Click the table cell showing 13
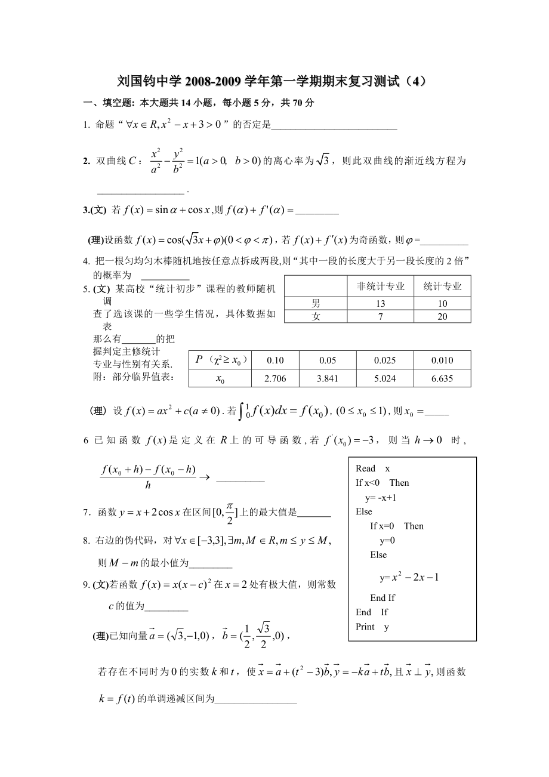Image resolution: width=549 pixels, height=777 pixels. tap(381, 303)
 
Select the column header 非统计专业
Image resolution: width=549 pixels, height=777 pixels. tap(381, 286)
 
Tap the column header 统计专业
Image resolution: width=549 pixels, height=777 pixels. tap(442, 286)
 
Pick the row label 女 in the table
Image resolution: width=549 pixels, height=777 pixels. tap(316, 317)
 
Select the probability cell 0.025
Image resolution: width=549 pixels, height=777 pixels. tap(384, 360)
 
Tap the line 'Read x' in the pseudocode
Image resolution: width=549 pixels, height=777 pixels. tap(372, 468)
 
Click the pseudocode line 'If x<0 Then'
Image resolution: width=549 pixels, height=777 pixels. tap(382, 483)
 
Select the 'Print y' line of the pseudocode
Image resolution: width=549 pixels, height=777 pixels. tap(372, 627)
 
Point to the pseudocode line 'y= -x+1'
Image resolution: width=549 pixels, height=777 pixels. tap(381, 497)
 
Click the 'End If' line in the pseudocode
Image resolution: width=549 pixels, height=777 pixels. tap(383, 597)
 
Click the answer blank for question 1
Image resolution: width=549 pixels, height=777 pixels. tap(334, 125)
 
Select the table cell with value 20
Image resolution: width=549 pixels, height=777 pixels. tap(442, 317)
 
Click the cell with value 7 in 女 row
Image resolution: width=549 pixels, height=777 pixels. tap(381, 317)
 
